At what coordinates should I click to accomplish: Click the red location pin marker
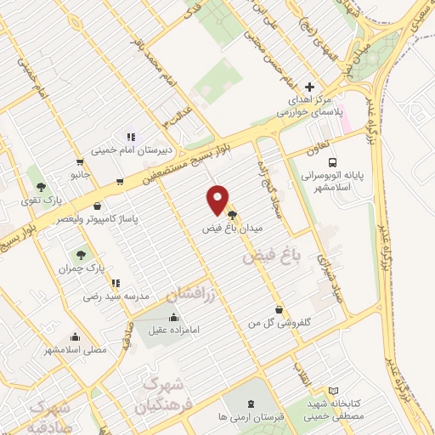(218, 198)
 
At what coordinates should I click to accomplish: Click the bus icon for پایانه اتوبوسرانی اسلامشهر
(332, 161)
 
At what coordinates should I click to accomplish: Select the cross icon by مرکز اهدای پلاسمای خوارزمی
(309, 88)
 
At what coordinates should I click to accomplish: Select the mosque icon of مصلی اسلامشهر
(75, 336)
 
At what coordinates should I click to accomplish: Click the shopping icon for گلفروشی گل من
(278, 310)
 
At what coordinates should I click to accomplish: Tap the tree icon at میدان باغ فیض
(233, 216)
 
